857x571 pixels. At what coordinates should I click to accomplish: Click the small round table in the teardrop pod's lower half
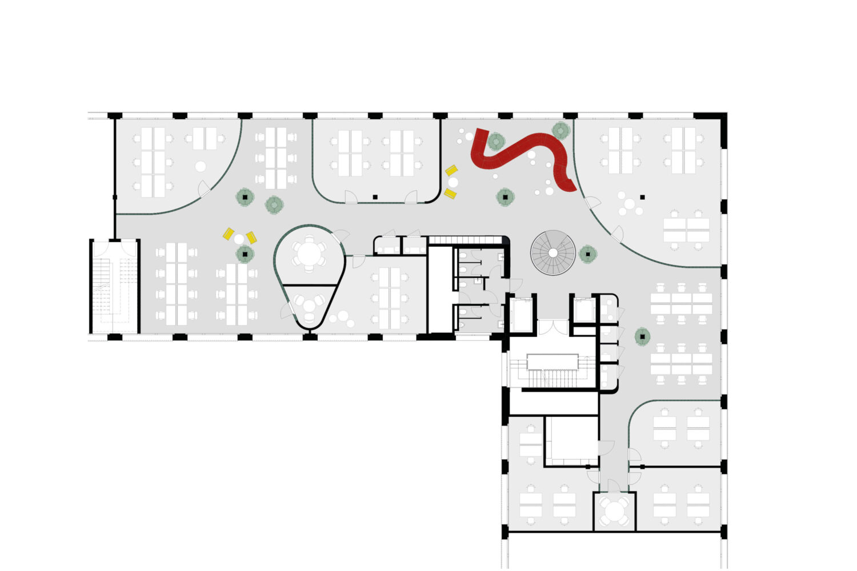(309, 305)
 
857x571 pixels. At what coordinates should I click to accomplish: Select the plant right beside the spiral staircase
(587, 254)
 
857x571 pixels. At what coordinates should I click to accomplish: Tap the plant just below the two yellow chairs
(245, 254)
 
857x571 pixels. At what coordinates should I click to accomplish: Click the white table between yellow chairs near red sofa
(453, 182)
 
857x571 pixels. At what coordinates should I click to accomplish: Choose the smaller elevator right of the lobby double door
(584, 311)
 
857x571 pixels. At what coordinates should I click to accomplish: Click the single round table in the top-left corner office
(200, 167)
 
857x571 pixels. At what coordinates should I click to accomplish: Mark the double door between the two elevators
(552, 328)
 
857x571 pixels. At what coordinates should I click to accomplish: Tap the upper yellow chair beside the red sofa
(451, 170)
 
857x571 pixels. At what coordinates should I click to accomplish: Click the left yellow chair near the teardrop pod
(229, 233)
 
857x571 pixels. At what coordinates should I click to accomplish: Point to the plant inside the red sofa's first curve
(495, 140)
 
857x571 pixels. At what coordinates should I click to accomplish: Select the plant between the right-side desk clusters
(642, 336)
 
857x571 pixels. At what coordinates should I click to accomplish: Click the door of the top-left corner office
(205, 188)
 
